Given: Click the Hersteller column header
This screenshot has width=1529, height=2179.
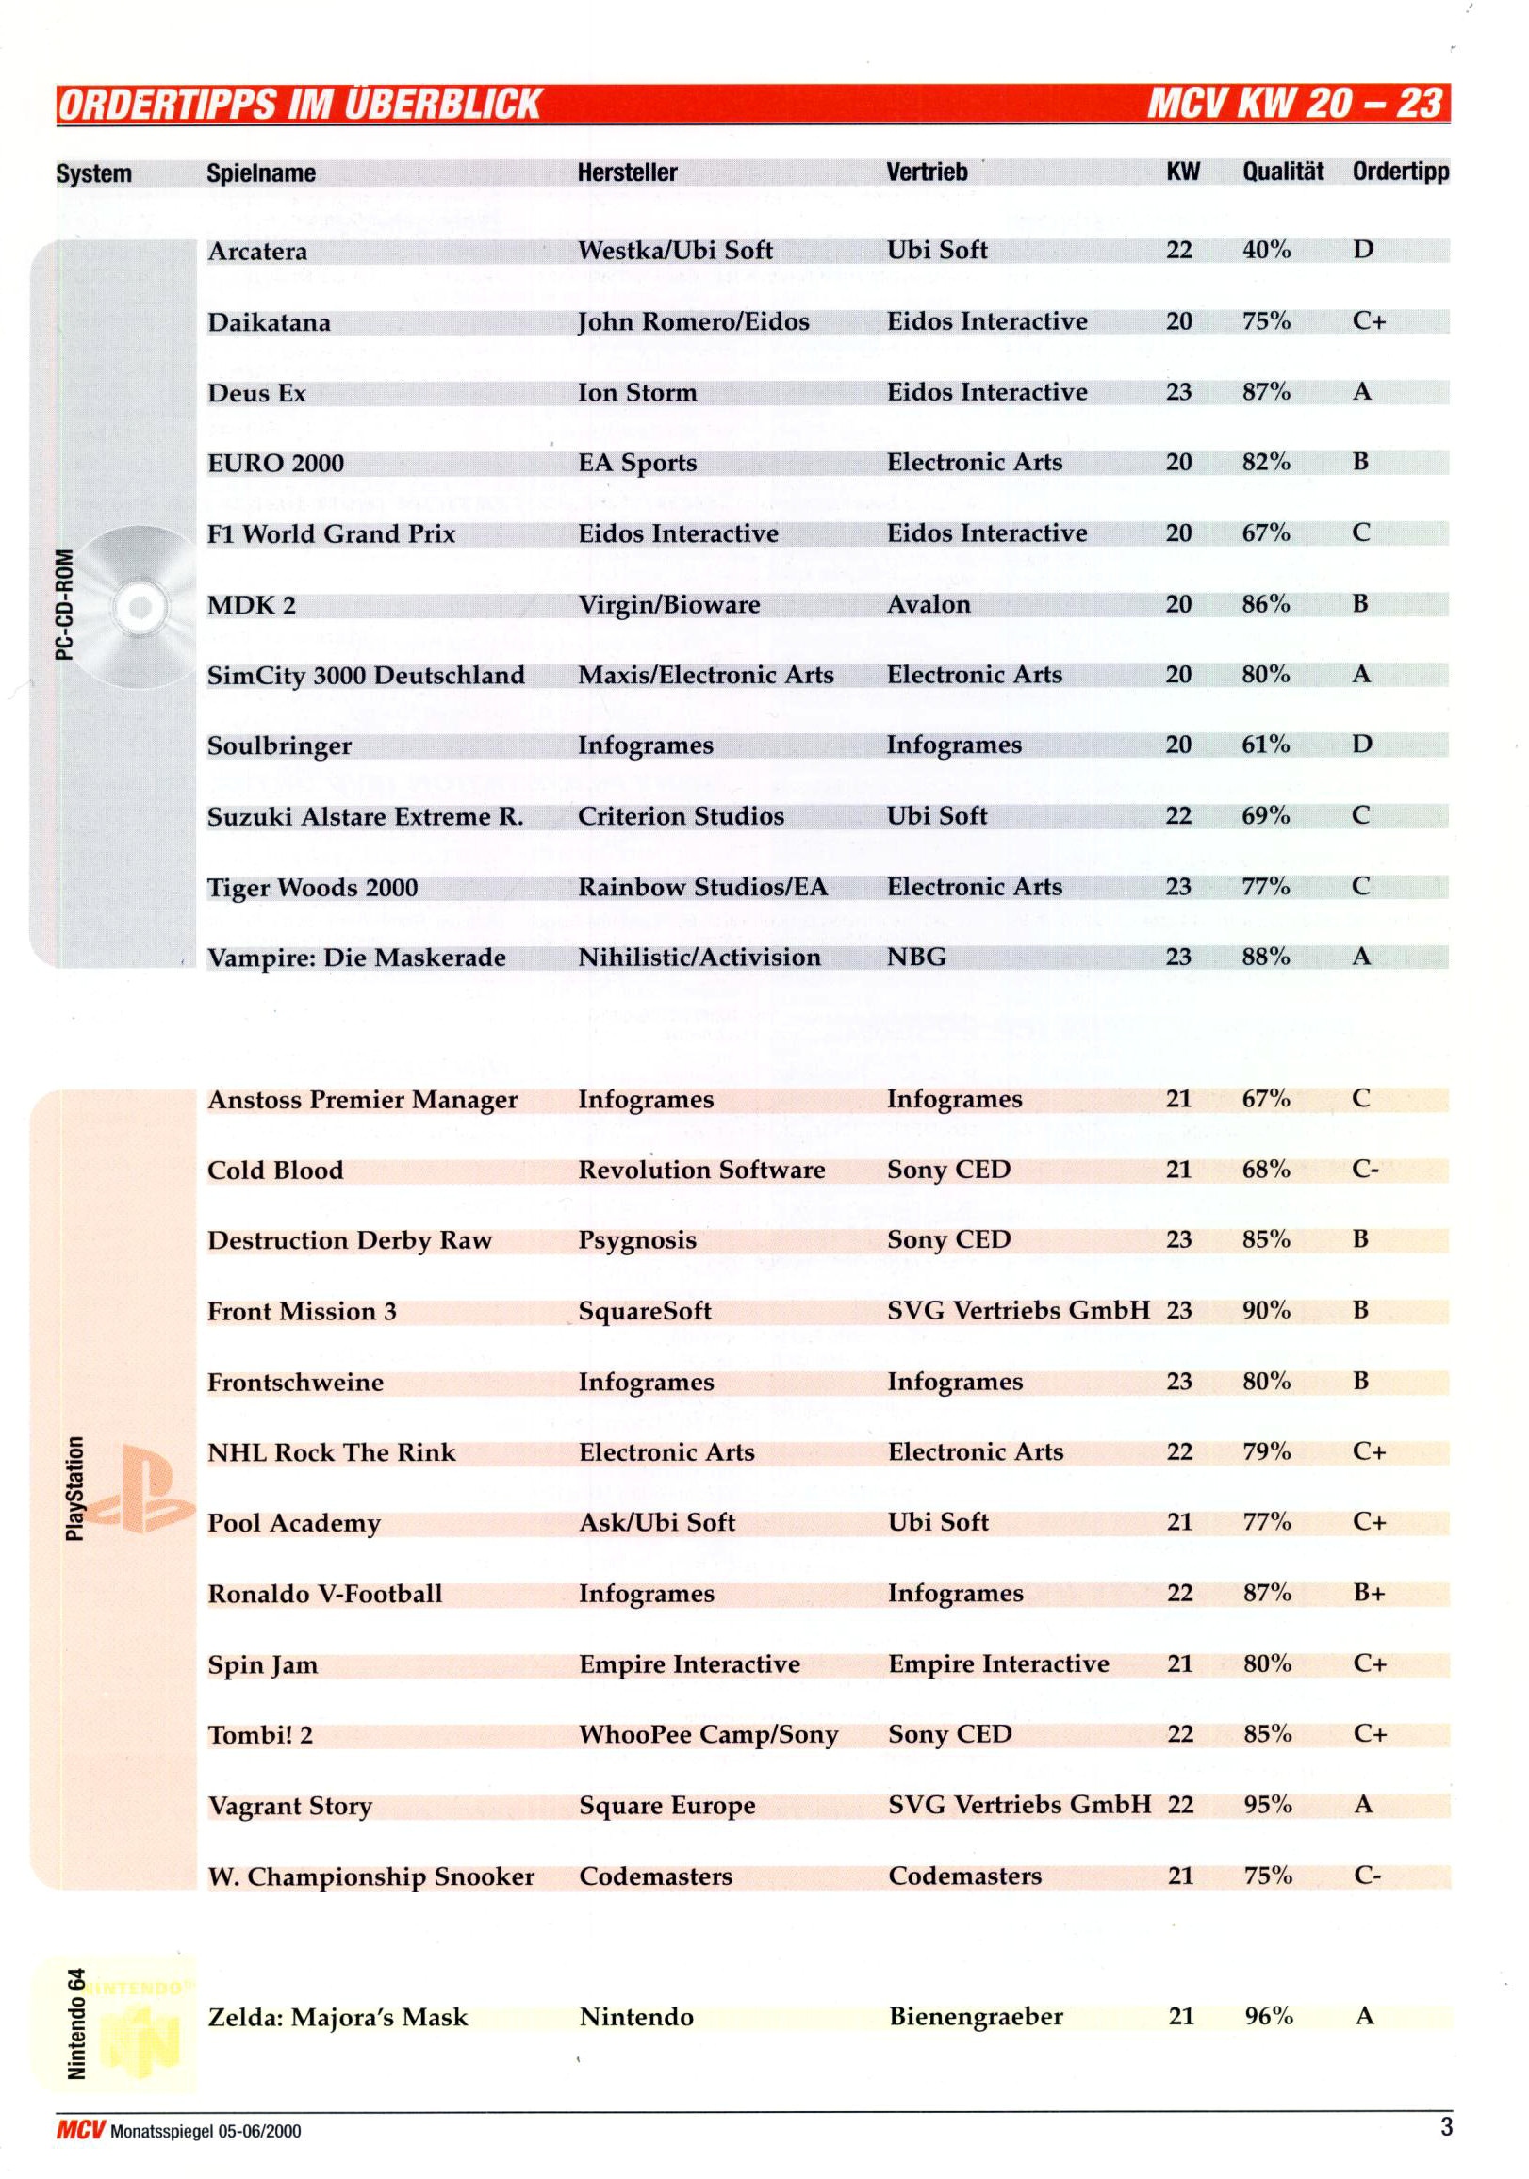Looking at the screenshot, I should [x=627, y=172].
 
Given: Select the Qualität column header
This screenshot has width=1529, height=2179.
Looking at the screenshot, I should [x=1281, y=171].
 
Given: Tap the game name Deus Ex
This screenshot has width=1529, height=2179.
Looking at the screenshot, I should [x=256, y=393].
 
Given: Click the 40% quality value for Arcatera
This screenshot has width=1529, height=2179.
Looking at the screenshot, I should [x=1265, y=250].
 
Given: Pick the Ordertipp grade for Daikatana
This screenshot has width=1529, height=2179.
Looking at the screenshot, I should [x=1368, y=320].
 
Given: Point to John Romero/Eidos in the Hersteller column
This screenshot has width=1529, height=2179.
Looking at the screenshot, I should [x=693, y=321].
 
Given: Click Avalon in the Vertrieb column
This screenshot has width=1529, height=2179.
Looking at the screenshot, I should [x=928, y=604].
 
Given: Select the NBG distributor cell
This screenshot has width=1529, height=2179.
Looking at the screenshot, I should [x=916, y=957].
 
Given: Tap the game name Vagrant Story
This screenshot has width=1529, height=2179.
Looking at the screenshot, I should [x=289, y=1805].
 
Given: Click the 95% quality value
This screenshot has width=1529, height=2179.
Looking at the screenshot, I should [x=1267, y=1804].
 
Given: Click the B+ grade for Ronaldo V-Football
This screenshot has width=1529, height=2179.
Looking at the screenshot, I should [x=1368, y=1593].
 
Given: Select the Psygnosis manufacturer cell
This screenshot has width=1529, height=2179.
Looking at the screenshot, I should [x=637, y=1239].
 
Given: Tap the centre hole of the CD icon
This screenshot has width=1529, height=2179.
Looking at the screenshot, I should [x=140, y=607].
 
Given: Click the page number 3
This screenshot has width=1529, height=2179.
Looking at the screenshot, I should [x=1445, y=2127].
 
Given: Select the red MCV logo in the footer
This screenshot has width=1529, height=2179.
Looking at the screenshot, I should [x=80, y=2130].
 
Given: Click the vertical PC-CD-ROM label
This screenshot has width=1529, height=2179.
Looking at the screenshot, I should [x=63, y=604].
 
